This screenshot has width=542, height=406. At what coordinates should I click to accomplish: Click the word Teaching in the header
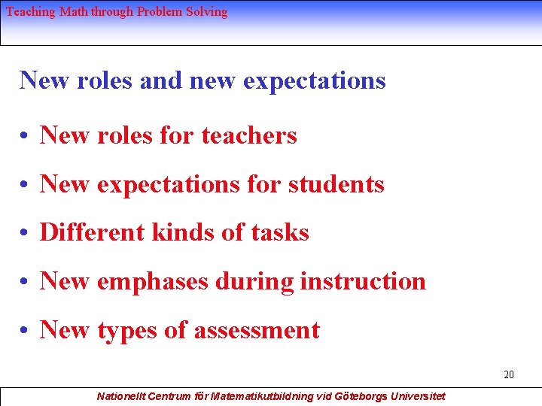point(30,12)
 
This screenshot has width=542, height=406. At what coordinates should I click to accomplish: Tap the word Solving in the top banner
point(206,12)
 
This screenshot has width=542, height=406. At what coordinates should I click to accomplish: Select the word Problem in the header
point(160,12)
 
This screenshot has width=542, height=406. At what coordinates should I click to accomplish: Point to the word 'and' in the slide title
point(161,80)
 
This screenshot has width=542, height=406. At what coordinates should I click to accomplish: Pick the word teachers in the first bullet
point(249,135)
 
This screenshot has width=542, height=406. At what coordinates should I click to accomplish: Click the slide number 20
point(509,374)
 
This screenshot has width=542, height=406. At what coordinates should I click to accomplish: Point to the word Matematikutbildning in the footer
point(263,395)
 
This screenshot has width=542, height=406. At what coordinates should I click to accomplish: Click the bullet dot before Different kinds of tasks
point(26,234)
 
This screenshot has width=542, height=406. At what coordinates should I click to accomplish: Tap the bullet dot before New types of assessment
point(26,332)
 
